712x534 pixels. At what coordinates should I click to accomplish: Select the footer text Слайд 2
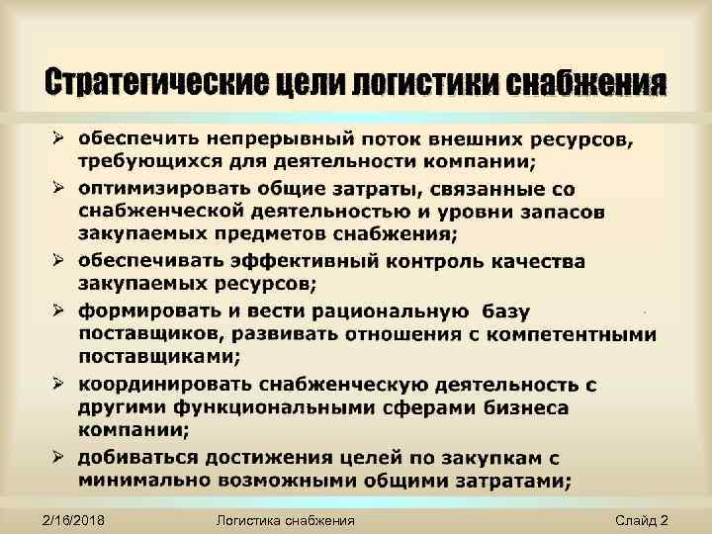pyautogui.click(x=641, y=520)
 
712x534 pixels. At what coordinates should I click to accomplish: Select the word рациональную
pyautogui.click(x=363, y=311)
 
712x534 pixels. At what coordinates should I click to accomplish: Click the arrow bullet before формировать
pyautogui.click(x=58, y=310)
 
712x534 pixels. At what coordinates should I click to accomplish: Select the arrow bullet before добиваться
pyautogui.click(x=58, y=456)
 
